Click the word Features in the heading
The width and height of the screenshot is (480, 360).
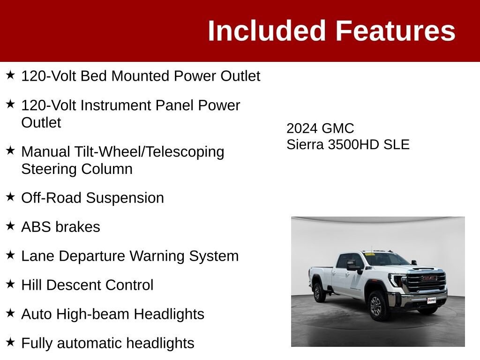[x=396, y=30]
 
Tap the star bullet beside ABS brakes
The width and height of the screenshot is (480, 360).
[x=10, y=226]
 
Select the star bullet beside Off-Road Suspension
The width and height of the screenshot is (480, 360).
[x=10, y=197]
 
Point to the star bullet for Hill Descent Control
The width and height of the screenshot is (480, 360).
[x=10, y=284]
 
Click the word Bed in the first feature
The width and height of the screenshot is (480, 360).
[x=93, y=76]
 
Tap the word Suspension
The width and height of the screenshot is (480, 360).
[x=125, y=198]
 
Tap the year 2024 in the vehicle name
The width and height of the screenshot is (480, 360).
[x=301, y=128]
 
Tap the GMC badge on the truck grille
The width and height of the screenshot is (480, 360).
[x=429, y=278]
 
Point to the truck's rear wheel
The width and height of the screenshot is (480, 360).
[x=318, y=292]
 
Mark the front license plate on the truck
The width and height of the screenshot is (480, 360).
[x=431, y=300]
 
